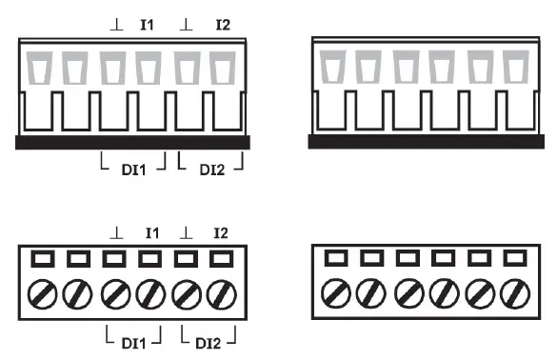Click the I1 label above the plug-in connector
(x=148, y=22)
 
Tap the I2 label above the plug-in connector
(x=222, y=22)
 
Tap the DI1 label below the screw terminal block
(x=133, y=340)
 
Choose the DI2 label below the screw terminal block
(x=211, y=340)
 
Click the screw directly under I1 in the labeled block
(x=149, y=292)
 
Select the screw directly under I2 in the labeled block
(x=221, y=292)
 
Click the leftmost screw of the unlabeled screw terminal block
(x=335, y=292)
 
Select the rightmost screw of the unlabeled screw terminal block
(x=515, y=292)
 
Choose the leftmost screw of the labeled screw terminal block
(x=42, y=292)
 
